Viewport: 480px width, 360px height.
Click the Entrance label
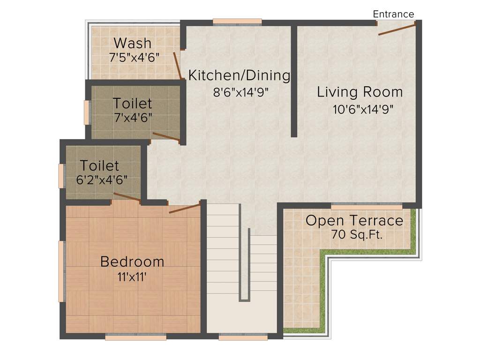point(393,14)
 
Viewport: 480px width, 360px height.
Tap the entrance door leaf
point(397,30)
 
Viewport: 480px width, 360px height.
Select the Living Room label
point(360,92)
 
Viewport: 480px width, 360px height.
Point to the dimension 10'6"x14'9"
point(362,110)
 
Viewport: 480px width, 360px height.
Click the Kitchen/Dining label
point(239,75)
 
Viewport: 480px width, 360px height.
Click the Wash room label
point(133,43)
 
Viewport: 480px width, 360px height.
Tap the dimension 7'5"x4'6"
point(135,58)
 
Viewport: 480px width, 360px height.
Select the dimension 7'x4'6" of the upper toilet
point(133,118)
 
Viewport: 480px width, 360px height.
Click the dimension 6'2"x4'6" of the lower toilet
point(102,180)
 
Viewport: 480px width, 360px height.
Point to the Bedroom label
point(132,262)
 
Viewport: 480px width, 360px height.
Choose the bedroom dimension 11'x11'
point(132,277)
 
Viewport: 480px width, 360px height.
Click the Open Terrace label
point(354,220)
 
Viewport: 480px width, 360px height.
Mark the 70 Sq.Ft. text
point(357,235)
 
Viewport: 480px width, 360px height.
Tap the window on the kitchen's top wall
point(237,21)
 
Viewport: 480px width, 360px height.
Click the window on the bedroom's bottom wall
point(135,336)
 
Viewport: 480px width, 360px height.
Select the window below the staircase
point(243,336)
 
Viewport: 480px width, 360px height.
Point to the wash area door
point(177,66)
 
